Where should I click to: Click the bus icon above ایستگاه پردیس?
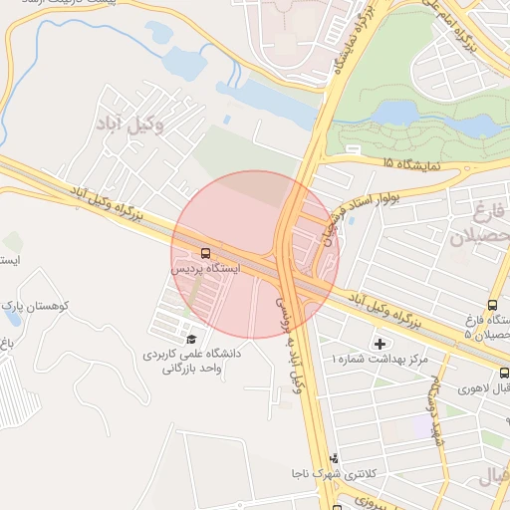[205, 254]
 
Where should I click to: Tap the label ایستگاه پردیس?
[205, 269]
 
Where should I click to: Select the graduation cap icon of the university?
[190, 340]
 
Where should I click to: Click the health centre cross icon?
[380, 344]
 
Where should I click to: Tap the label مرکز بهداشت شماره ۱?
[380, 359]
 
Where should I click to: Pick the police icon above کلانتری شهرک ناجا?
[334, 459]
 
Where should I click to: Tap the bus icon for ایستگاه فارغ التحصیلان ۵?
[492, 305]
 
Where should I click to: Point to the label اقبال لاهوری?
[484, 387]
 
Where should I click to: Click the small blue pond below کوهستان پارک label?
[5, 345]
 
